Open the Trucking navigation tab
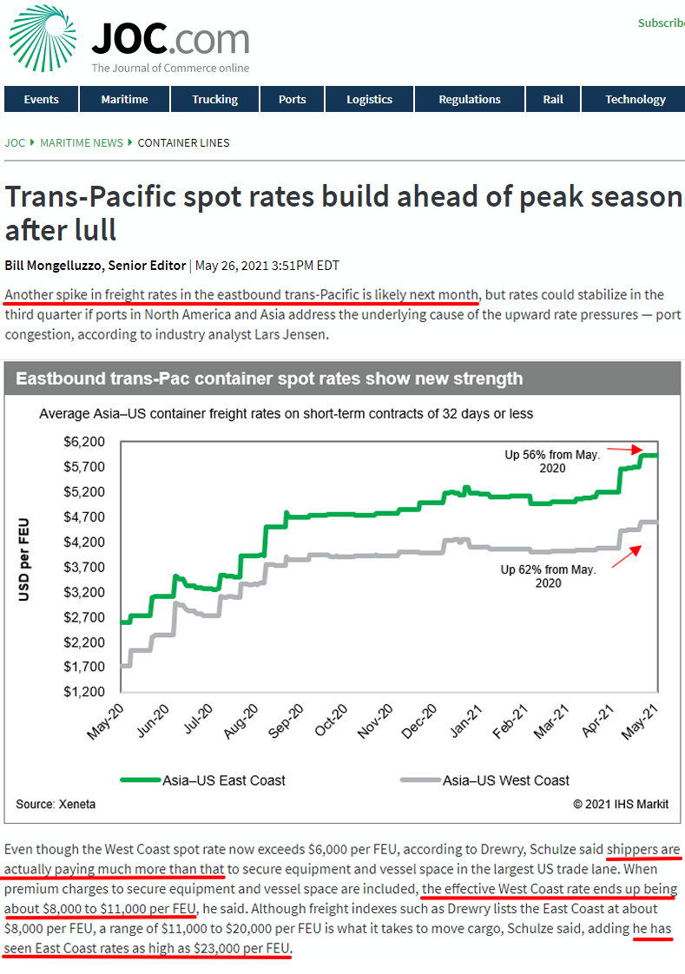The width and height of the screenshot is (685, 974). point(214,100)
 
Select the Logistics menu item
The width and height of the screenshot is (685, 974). point(369,100)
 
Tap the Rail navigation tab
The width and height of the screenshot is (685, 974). point(553,100)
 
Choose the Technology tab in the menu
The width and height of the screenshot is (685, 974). point(635,100)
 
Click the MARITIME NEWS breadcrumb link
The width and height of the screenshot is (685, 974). point(82,143)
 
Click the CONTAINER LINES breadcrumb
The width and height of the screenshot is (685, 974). point(183,143)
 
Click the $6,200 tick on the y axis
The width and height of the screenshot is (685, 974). point(84,442)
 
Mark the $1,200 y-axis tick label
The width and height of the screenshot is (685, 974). point(84,693)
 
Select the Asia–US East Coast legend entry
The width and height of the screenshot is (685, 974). point(223,780)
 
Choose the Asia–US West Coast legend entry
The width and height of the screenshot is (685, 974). point(505,780)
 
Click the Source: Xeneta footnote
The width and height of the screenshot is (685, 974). point(56,805)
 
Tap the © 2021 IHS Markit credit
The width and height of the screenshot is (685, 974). point(620,805)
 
